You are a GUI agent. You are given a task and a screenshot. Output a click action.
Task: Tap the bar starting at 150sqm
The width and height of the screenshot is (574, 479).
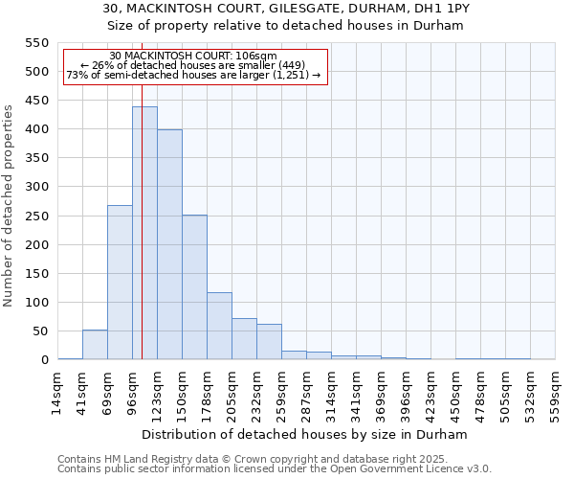click(194, 287)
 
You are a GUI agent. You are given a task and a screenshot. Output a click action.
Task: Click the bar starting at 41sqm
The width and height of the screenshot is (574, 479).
click(95, 345)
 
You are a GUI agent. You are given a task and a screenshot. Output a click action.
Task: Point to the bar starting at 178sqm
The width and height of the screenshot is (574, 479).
click(219, 326)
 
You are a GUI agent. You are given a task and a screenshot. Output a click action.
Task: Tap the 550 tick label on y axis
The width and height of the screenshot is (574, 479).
click(35, 43)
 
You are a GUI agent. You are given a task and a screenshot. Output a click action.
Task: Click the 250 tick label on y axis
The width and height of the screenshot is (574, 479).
click(35, 217)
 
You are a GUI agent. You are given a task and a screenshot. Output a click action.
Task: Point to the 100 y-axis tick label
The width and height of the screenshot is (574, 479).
click(35, 303)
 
